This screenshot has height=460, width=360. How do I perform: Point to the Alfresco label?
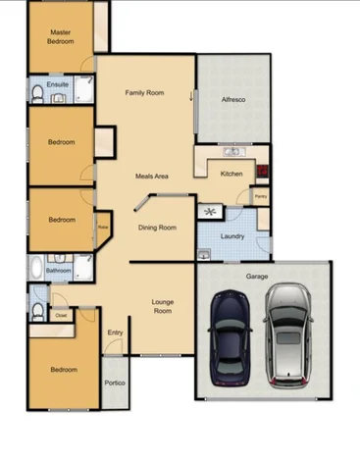pos(232,100)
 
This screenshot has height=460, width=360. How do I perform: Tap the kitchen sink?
pos(232,152)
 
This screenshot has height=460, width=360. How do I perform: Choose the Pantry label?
pos(260,196)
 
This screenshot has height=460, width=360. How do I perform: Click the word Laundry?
pos(233,236)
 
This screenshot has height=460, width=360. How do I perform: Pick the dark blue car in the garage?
pos(230,337)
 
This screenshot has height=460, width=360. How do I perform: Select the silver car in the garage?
pos(287,332)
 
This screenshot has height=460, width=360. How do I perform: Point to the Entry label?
pos(115,332)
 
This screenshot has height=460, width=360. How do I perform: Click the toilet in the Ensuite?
pos(36,94)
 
